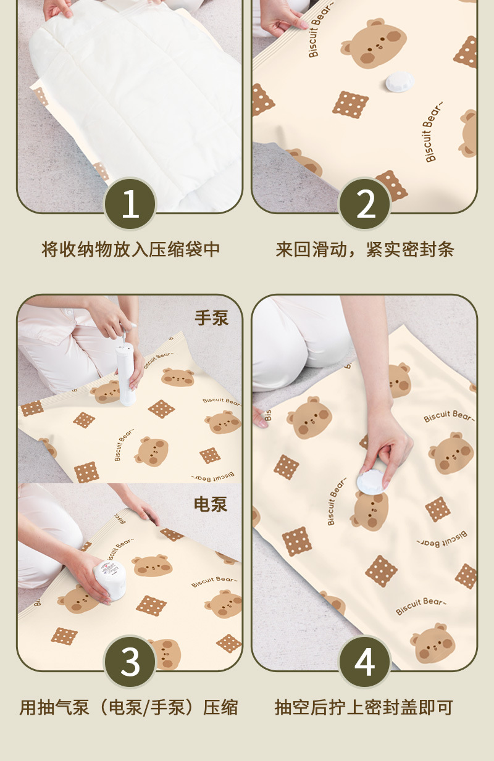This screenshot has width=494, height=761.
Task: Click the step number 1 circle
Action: pos(130,204)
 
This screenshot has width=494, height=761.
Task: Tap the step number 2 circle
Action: pos(365,204)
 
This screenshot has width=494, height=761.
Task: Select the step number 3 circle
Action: pos(130,662)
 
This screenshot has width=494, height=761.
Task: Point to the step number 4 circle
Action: pos(365,662)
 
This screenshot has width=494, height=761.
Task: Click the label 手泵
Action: pos(211,318)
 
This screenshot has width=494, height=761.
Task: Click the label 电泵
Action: pos(211,504)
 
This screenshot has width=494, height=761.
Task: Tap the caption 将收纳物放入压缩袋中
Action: pos(131,250)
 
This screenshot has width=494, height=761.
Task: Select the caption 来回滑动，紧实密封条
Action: pos(365,250)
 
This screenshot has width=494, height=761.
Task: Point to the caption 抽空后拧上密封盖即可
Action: pos(364,707)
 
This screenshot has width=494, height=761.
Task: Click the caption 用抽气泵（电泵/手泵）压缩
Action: pos(130,707)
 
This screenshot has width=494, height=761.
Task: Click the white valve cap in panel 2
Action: pos(399,82)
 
